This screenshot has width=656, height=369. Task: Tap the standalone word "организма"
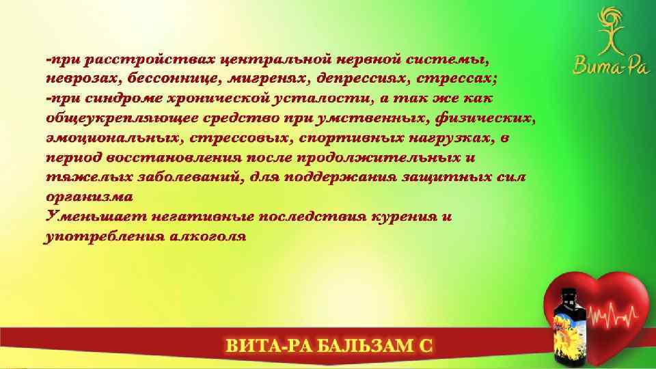89,197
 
